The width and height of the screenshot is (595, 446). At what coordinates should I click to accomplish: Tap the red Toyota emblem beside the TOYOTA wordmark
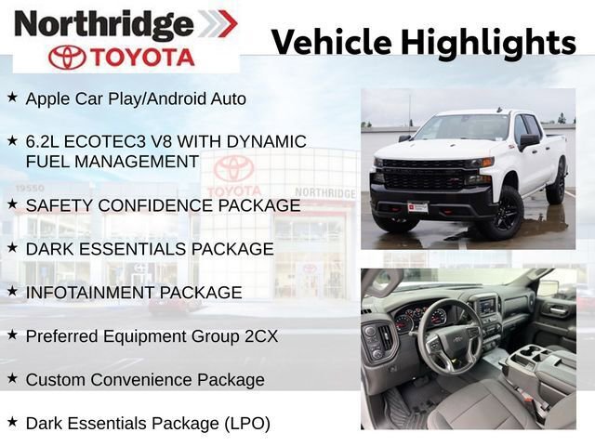(67, 57)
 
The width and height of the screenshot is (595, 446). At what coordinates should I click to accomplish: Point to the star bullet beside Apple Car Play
(12, 96)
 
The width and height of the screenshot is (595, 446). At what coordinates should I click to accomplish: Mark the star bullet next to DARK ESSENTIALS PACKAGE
(12, 247)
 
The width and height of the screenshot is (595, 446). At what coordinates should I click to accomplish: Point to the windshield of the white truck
(462, 128)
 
